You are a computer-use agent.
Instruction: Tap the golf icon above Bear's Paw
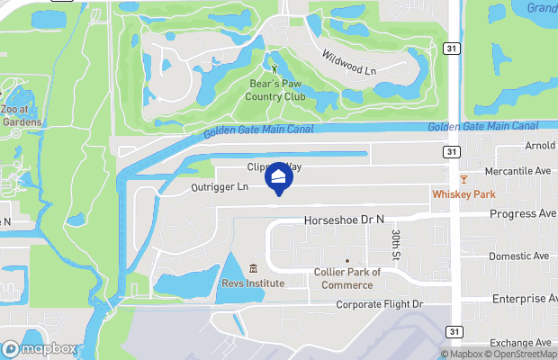(276, 67)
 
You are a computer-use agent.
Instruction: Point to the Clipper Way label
(275, 167)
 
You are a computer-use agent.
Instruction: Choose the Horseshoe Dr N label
(344, 219)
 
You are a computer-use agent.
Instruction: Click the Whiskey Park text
(463, 194)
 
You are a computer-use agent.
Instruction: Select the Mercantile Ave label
(517, 169)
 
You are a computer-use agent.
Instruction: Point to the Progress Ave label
(523, 214)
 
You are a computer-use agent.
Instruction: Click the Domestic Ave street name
(518, 256)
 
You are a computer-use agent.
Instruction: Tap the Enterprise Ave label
(524, 299)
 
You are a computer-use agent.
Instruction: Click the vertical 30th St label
(396, 242)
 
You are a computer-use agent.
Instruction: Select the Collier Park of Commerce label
(347, 278)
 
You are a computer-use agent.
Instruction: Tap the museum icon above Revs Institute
(253, 269)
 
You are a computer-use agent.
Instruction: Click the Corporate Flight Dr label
(379, 305)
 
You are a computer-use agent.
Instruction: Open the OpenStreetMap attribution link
(518, 354)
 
